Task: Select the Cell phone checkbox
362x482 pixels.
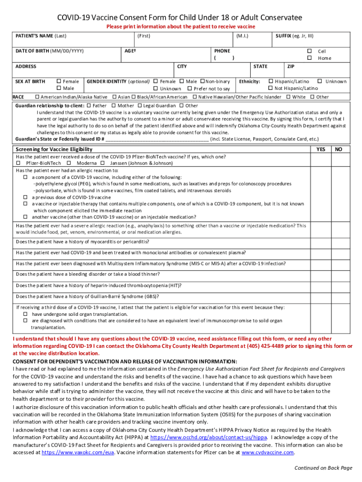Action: click(309, 51)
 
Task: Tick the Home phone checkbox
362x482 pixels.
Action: click(309, 58)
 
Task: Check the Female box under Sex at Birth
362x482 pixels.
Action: click(59, 81)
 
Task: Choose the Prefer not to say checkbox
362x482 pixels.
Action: click(189, 88)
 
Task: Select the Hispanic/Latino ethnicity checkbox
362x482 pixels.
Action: click(271, 81)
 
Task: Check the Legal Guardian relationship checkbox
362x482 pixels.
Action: click(140, 106)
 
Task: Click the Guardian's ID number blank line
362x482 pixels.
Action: click(157, 139)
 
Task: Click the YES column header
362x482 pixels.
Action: click(321, 149)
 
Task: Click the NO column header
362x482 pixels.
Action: click(338, 149)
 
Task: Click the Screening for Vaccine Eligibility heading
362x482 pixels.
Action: click(54, 149)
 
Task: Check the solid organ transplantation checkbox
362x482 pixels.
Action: click(26, 314)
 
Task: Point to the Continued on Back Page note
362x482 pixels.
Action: click(323, 467)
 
